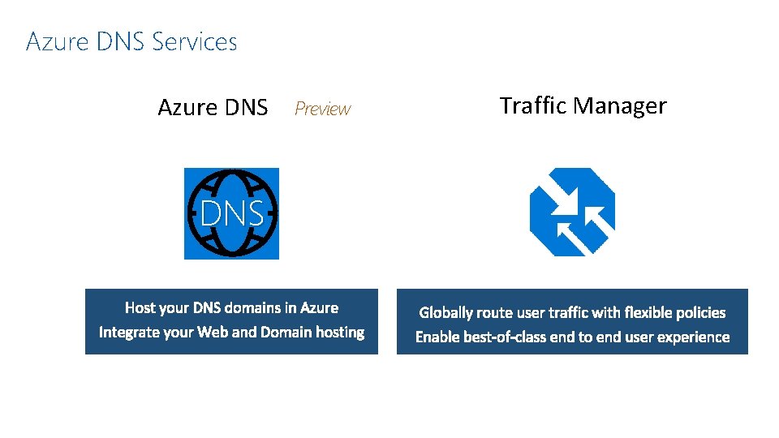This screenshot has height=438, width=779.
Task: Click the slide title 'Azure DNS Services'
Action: click(x=131, y=41)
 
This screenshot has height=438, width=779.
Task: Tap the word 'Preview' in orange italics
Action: click(x=322, y=109)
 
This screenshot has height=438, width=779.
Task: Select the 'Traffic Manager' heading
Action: click(x=583, y=105)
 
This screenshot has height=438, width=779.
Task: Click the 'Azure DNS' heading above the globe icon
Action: click(x=213, y=107)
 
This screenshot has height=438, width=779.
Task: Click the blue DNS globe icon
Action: click(x=231, y=213)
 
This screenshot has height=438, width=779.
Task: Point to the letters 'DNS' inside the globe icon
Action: click(x=231, y=214)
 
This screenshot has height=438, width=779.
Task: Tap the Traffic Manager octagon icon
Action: click(x=572, y=213)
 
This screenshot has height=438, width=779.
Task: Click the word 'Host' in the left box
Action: click(x=140, y=308)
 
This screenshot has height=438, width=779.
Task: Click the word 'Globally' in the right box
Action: click(x=445, y=313)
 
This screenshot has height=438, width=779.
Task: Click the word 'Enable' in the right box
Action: click(x=437, y=337)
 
